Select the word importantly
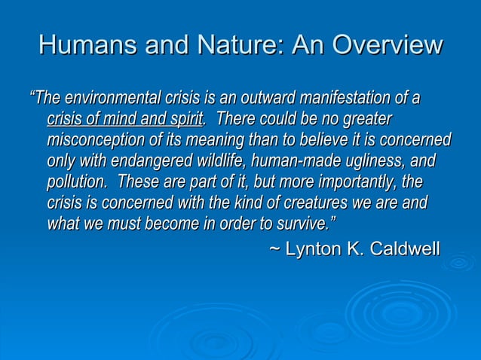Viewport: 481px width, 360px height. (x=334, y=183)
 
